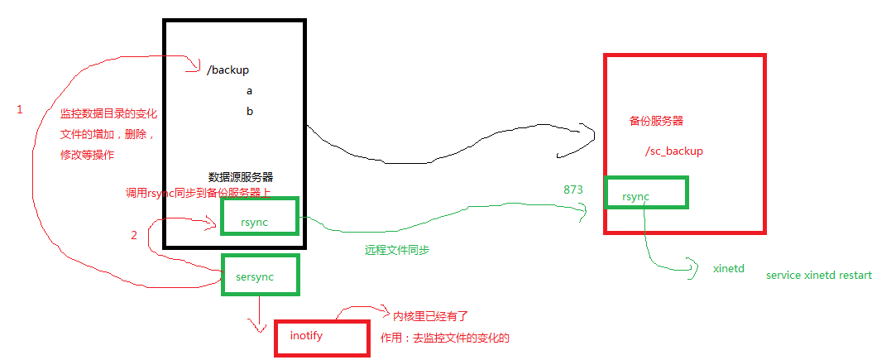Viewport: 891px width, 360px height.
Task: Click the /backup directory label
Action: (228, 70)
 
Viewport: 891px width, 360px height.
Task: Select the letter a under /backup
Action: (249, 91)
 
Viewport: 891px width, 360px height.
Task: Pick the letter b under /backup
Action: (250, 111)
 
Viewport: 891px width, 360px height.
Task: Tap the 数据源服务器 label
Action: (241, 177)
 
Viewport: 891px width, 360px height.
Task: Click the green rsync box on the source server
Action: (259, 218)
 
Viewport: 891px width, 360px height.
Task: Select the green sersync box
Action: (260, 274)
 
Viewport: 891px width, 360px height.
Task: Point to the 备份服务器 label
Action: (656, 121)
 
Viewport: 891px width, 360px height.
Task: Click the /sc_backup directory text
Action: (673, 151)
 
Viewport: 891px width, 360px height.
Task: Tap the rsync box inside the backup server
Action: (646, 193)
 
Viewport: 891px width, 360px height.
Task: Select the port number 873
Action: (573, 190)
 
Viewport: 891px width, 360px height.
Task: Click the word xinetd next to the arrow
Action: (729, 269)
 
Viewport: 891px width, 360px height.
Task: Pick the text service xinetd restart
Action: (818, 275)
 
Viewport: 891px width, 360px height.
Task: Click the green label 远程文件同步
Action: (397, 249)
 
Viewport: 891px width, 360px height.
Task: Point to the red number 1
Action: (20, 109)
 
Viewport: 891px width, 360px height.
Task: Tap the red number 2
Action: (134, 235)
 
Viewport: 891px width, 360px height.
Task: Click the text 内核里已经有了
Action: (430, 316)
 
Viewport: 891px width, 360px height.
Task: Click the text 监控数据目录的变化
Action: (108, 113)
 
